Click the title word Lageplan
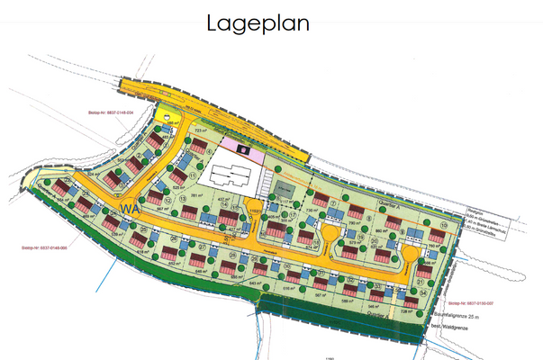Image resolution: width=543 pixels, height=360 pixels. (258, 22)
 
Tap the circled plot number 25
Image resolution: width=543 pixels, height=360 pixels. (144, 229)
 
